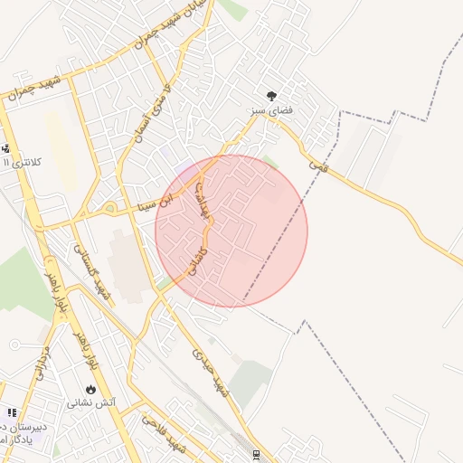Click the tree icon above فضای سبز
click(270, 94)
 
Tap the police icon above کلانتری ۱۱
click(6, 149)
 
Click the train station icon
click(257, 453)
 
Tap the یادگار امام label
click(18, 439)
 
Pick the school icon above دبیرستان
click(11, 412)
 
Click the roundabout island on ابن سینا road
click(109, 210)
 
